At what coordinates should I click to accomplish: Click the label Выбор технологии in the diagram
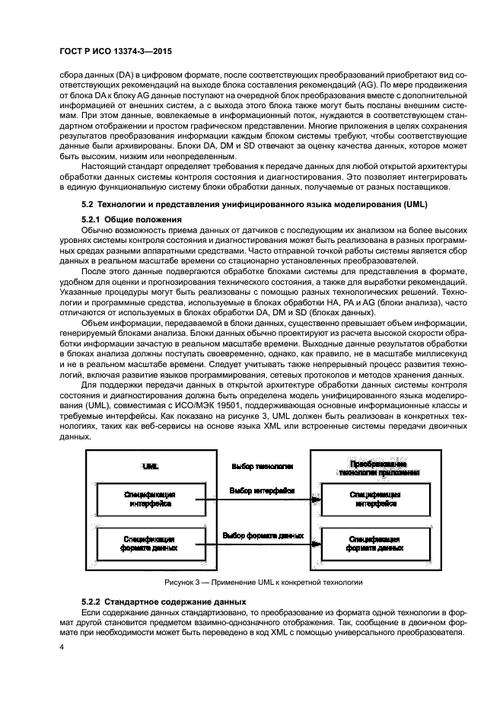click(256, 465)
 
